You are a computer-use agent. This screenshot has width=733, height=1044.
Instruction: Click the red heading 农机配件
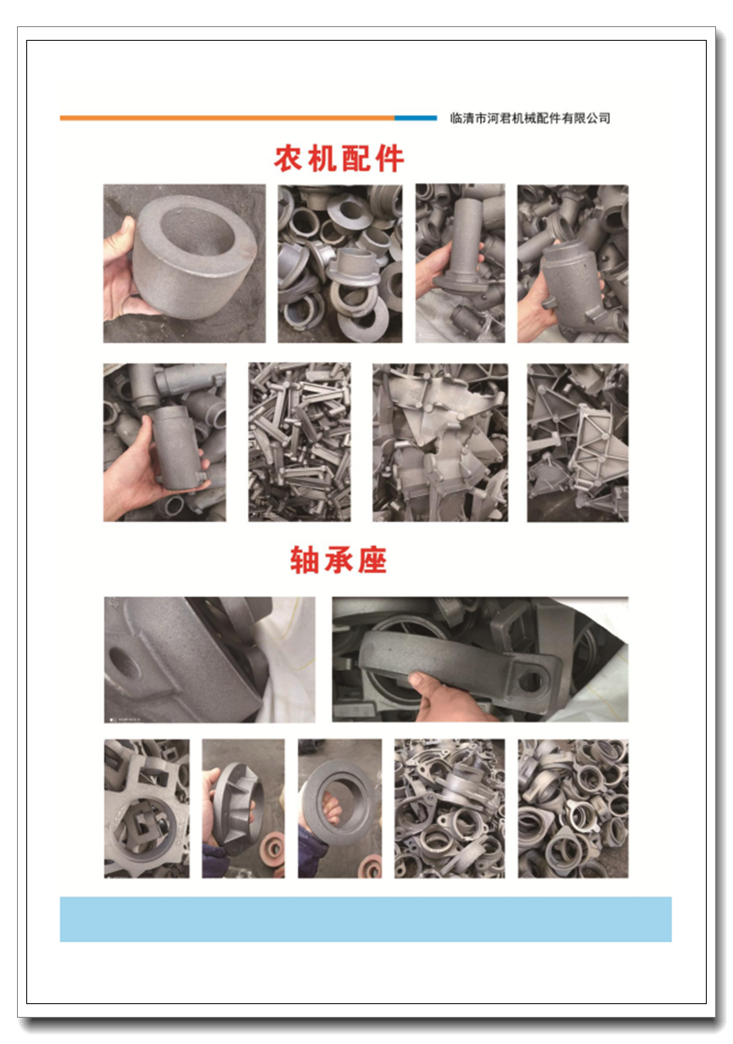coord(339,159)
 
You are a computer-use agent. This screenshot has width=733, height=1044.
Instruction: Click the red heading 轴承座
coord(338,559)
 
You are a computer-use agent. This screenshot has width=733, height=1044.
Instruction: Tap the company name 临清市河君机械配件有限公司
coord(530,118)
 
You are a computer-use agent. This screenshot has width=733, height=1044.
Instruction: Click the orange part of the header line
coord(227,118)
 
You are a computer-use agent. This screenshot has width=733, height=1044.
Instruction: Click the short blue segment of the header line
coord(416,118)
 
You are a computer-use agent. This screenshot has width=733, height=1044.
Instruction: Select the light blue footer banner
coord(366,918)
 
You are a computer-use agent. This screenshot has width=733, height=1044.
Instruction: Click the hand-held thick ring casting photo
coord(185,263)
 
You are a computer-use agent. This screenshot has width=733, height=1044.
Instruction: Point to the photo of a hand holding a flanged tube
coord(460,263)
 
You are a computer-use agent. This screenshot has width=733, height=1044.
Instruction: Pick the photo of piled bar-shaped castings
coord(299,443)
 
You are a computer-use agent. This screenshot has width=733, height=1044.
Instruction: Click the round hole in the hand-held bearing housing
coord(530,681)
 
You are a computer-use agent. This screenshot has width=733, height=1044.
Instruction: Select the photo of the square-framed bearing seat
coord(147,808)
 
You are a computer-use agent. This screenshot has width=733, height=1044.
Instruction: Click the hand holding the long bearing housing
coord(443,698)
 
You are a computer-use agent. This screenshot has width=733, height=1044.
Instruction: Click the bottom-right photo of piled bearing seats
coord(573,808)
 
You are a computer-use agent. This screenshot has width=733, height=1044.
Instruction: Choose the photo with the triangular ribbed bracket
coord(578,443)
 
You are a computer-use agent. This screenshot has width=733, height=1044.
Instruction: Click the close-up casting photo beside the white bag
coord(210,660)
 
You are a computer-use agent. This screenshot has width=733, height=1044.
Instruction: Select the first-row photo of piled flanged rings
coord(340,263)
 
